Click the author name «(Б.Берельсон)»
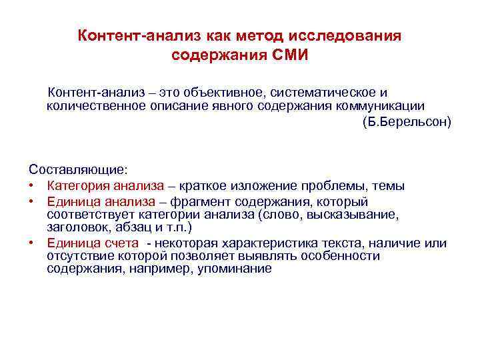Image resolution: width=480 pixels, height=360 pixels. (x=407, y=122)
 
